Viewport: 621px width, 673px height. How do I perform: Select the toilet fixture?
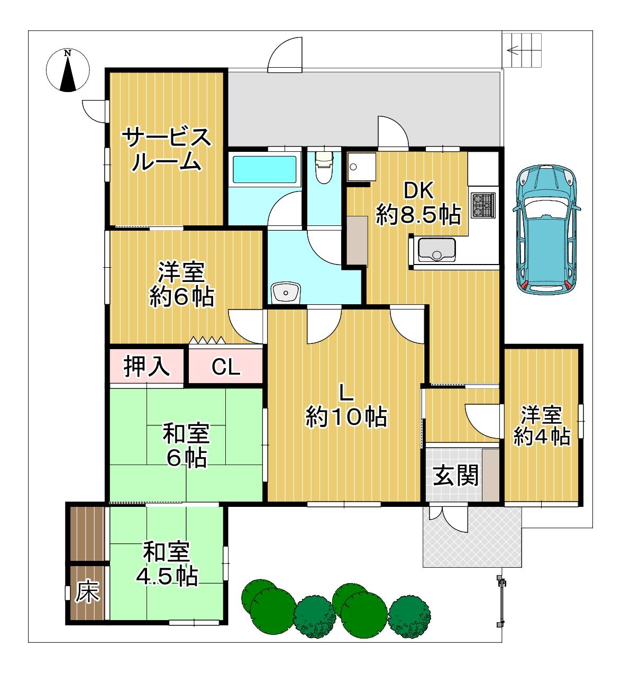tap(324, 167)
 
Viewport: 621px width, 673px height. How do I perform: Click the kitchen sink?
tap(436, 250)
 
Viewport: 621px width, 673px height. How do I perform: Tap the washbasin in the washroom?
tap(286, 293)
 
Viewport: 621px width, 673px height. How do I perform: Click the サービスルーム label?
tap(166, 149)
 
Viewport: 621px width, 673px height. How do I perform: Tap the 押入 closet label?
tap(147, 366)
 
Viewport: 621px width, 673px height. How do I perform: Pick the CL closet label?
tap(225, 367)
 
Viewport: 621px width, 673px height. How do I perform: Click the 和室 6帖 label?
tap(186, 445)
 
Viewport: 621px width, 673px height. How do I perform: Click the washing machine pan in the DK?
tap(362, 167)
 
